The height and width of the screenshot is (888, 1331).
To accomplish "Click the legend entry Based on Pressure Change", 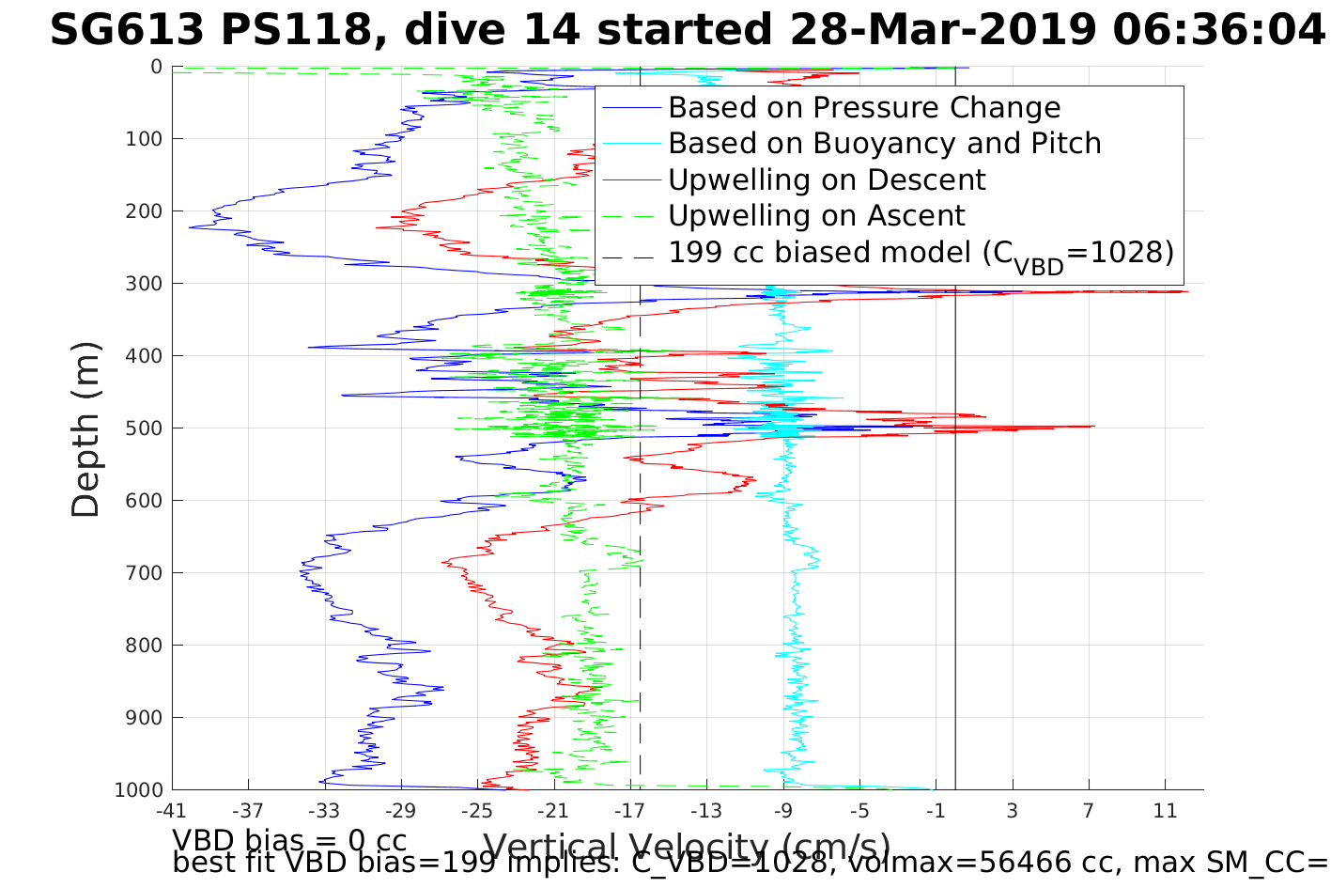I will [864, 108].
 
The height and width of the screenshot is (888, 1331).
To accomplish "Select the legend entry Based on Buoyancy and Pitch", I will [884, 144].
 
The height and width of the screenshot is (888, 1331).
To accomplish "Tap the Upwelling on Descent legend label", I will [827, 179].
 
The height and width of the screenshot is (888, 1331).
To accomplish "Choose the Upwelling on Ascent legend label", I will [816, 216].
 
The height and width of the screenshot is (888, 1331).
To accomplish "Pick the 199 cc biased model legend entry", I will [921, 253].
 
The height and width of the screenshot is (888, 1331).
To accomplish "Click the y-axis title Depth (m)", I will [85, 429].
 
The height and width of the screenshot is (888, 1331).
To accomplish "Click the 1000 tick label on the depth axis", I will [139, 790].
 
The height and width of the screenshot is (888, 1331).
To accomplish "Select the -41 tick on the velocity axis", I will [172, 811].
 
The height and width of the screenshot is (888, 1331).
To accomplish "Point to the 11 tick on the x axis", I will [1166, 811].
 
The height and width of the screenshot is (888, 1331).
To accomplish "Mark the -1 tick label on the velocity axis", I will [936, 811].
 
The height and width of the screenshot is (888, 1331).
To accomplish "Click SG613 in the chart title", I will [126, 31].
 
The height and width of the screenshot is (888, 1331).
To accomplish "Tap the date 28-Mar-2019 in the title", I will [943, 31].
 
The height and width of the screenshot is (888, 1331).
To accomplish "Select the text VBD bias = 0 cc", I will [289, 839].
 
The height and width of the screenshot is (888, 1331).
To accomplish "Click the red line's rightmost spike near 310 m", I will [1186, 292].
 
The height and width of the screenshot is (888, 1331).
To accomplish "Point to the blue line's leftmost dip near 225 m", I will [191, 227].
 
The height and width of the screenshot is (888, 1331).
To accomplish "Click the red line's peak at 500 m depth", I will [1092, 427].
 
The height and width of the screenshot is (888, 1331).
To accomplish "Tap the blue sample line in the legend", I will [629, 109].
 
